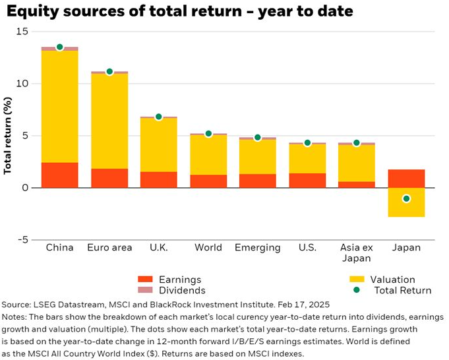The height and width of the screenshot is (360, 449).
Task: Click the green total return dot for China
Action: click(x=60, y=47)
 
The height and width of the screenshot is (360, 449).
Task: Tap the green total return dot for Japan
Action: click(x=406, y=198)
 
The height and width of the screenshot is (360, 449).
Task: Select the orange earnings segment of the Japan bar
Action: click(x=406, y=179)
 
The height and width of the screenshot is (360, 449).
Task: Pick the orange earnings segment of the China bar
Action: click(x=60, y=175)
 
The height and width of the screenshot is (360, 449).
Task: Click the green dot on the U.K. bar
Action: click(x=159, y=117)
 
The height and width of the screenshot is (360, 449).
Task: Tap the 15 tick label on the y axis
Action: click(x=23, y=32)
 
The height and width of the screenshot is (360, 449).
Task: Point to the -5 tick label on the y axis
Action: click(x=23, y=240)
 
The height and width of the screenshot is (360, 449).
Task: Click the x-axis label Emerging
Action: click(x=258, y=248)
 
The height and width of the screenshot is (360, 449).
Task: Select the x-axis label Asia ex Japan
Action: click(x=357, y=253)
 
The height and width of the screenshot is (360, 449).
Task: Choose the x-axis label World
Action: click(x=208, y=248)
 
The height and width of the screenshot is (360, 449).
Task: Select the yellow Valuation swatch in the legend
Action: click(x=357, y=280)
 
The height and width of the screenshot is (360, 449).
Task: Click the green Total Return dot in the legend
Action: click(x=357, y=290)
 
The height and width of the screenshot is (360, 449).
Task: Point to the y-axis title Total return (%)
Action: click(x=9, y=136)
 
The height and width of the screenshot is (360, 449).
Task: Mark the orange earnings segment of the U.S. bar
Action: click(x=307, y=180)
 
